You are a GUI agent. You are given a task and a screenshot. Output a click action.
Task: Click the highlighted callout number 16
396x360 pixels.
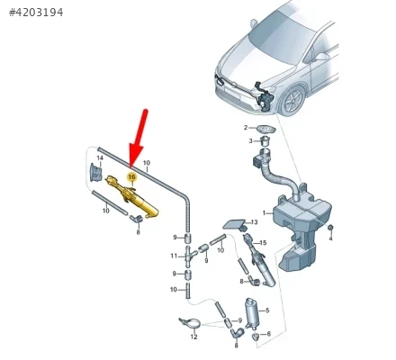[131, 177]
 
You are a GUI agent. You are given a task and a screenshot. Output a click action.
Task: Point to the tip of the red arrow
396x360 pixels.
[130, 166]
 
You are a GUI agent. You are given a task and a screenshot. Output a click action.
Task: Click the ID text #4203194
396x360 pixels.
[36, 13]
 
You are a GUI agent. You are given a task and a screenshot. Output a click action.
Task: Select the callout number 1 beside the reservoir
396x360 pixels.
[264, 213]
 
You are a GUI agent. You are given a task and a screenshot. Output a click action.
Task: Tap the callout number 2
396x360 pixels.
[246, 128]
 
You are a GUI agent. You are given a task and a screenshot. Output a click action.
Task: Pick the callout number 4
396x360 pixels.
[330, 238]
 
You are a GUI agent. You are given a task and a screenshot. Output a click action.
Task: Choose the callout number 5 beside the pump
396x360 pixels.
[267, 310]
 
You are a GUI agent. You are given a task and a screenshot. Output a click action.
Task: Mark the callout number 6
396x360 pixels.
[268, 334]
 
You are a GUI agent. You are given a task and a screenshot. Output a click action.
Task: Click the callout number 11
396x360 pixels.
[174, 256]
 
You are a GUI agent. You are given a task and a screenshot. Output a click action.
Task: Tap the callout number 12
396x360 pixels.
[193, 337]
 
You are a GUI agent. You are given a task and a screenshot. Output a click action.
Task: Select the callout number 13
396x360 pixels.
[254, 222]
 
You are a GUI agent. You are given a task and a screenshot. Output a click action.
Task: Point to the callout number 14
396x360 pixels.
[100, 157]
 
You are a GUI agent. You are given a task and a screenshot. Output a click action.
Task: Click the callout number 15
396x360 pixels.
[263, 242]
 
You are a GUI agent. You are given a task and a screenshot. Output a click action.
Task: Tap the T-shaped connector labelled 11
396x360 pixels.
[188, 256]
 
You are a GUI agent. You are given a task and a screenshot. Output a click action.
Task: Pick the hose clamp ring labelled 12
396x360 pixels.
[190, 324]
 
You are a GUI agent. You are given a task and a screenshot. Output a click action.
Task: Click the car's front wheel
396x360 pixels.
[292, 101]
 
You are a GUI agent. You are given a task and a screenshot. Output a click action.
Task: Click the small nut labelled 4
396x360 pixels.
[330, 228]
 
